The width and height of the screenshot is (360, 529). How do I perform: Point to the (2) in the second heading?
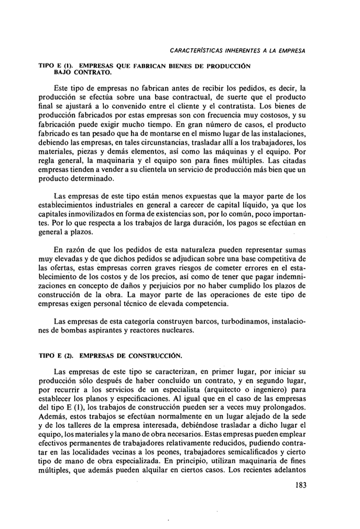pos(71,356)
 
